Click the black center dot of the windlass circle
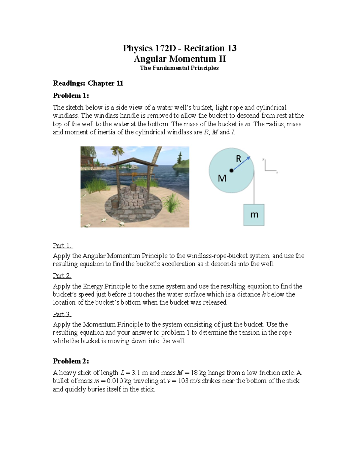point(231,170)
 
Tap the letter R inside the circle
point(238,159)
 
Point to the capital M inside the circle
point(222,179)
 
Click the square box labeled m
point(254,215)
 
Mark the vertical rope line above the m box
point(254,188)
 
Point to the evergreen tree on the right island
point(180,158)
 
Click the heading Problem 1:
point(71,95)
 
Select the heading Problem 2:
point(71,361)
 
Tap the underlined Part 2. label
point(62,275)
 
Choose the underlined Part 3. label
point(62,314)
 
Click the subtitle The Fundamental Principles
point(179,68)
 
